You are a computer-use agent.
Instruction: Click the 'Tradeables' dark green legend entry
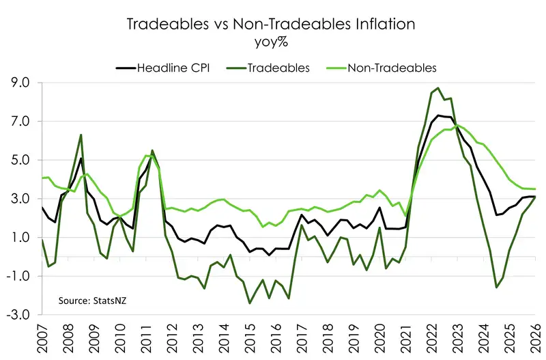pyautogui.click(x=272, y=68)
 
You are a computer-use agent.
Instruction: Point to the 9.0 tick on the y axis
pyautogui.click(x=21, y=83)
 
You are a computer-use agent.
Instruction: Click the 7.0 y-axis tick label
pyautogui.click(x=21, y=122)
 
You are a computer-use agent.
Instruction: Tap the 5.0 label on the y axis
pyautogui.click(x=21, y=161)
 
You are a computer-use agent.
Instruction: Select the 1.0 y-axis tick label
pyautogui.click(x=21, y=238)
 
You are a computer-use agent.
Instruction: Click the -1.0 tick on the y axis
pyautogui.click(x=19, y=277)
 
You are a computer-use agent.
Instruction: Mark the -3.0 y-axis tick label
pyautogui.click(x=19, y=315)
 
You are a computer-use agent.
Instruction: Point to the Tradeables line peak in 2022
pyautogui.click(x=437, y=88)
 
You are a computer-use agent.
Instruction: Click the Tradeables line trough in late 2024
pyautogui.click(x=496, y=287)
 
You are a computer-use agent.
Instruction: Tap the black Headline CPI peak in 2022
pyautogui.click(x=437, y=115)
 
